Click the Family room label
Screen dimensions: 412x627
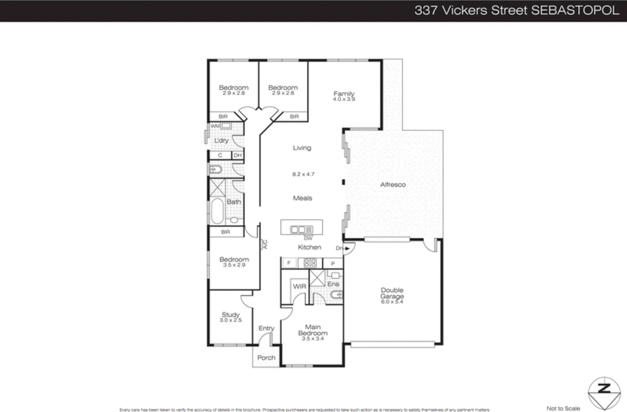coord(344,94)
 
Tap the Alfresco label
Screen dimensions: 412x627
coord(393,185)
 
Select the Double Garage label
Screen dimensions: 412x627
coord(392,293)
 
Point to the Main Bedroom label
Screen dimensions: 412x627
coord(313,330)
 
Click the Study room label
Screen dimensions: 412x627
coord(230,315)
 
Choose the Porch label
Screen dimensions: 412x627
coord(266,358)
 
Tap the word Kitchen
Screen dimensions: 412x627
coord(309,247)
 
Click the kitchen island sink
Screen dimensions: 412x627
coord(301,229)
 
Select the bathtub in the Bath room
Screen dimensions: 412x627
coord(217,211)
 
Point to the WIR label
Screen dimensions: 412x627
coord(299,287)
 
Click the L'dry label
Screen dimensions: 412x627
coord(221,141)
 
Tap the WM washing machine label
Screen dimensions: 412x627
coord(215,126)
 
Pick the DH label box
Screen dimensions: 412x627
coord(238,155)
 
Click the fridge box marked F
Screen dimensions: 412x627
coord(289,263)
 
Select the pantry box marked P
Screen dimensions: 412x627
coord(333,264)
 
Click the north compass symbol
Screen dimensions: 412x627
coord(604,393)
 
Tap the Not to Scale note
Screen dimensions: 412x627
coord(563,408)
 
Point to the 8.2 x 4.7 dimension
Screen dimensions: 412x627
coord(303,174)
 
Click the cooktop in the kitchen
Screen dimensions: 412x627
coord(310,263)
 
